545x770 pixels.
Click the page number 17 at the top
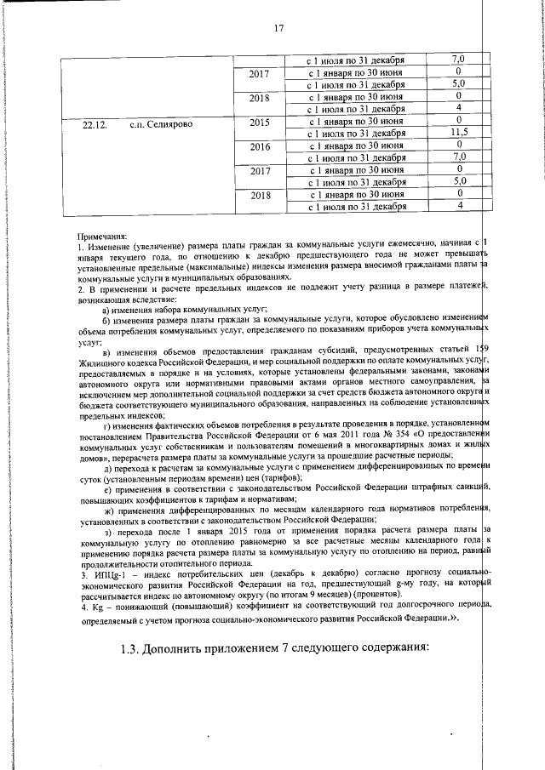point(278,30)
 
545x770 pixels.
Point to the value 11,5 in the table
point(459,133)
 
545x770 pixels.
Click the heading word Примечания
point(101,237)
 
